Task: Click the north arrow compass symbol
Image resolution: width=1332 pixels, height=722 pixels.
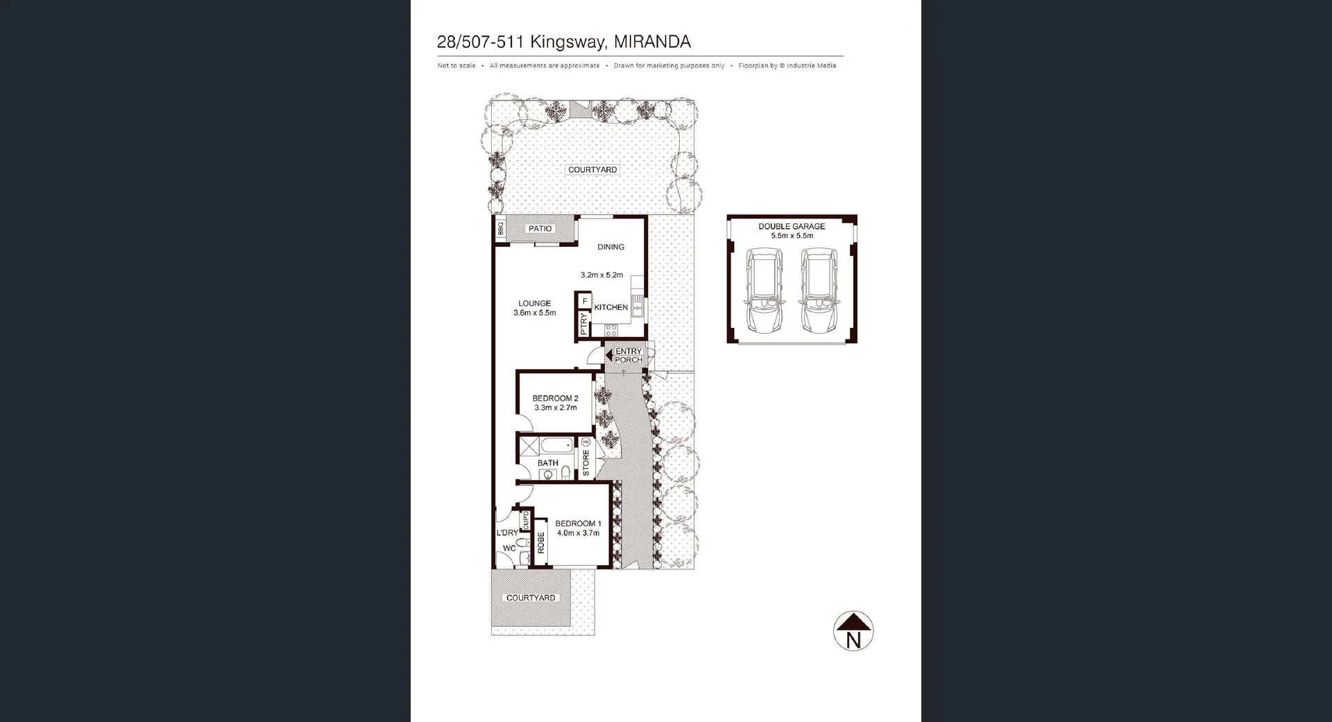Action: pos(853,631)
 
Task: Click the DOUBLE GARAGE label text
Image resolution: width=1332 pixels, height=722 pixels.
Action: pos(792,226)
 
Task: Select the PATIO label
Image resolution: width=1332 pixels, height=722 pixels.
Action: pos(540,228)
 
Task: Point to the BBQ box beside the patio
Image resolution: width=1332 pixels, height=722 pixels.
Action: pos(500,228)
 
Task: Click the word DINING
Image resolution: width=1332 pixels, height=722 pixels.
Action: pos(610,247)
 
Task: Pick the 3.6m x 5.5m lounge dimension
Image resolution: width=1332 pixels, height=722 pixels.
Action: pos(534,313)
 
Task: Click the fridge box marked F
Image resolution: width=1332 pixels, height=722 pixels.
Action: pos(585,301)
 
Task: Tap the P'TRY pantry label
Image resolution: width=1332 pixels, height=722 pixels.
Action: pos(583,324)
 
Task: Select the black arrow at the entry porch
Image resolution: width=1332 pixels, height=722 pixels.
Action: pos(608,355)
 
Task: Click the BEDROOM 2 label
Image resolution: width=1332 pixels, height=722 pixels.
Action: pos(555,398)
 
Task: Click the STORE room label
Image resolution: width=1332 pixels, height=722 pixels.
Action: pos(586,463)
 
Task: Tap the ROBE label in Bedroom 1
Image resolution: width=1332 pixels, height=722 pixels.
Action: pos(541,543)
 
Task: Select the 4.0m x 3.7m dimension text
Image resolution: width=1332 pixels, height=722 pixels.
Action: pos(578,533)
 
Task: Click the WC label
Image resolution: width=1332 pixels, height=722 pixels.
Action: pos(509,548)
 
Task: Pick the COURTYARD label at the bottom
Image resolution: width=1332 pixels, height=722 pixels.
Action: pos(531,598)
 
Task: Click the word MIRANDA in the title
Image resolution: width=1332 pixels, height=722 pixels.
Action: pos(652,42)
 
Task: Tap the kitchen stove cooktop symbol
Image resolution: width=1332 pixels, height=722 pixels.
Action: pos(611,329)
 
